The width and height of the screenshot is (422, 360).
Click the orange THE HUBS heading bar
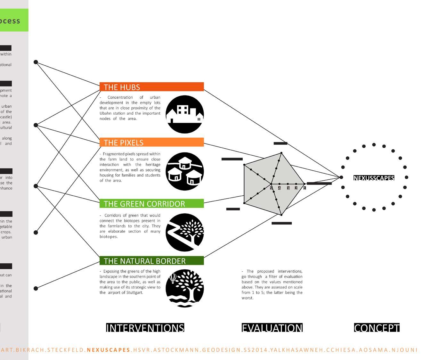point(151,87)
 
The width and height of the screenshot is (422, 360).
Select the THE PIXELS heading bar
point(151,142)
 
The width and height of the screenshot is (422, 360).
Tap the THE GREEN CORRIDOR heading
point(151,203)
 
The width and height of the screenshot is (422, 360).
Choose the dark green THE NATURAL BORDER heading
point(151,261)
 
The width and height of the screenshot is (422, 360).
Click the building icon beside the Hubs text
point(185,114)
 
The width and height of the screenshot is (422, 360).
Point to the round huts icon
point(185,171)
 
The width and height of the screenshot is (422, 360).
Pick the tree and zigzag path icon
point(185,232)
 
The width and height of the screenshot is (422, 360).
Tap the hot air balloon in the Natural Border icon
point(173,278)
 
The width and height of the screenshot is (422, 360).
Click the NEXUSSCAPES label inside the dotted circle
point(374,178)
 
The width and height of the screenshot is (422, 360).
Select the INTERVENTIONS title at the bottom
point(145,328)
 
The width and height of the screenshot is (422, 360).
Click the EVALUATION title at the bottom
point(272,328)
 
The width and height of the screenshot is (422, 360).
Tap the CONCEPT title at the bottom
point(377,328)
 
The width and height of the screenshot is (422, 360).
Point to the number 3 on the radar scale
point(288,188)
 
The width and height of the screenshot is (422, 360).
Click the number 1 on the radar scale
point(304,188)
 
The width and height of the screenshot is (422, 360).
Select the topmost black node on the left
point(36,62)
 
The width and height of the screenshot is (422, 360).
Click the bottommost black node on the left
point(36,288)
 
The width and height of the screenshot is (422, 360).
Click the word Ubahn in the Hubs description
point(105,113)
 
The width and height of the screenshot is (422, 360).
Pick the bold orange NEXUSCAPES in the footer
point(109,350)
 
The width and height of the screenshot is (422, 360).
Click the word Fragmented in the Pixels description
point(113,154)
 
